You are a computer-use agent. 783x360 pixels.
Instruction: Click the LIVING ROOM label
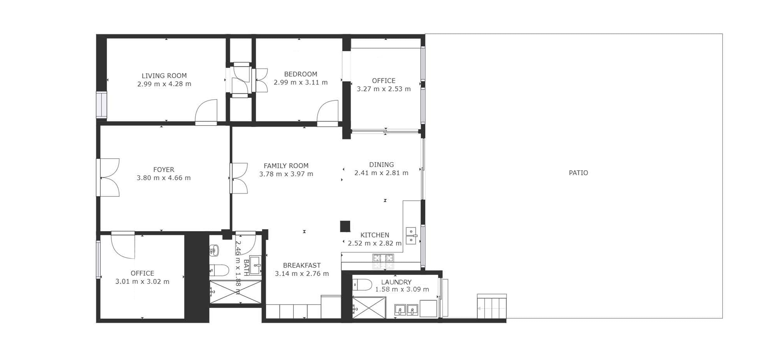tap(164, 76)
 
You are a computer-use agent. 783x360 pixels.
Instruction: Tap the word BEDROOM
tap(301, 74)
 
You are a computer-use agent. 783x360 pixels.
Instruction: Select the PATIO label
tap(578, 173)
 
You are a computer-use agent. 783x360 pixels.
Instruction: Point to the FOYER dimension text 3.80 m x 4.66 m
tap(163, 178)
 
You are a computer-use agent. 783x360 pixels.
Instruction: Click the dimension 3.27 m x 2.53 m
tap(384, 89)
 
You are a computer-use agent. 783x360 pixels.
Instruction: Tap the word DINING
tap(381, 165)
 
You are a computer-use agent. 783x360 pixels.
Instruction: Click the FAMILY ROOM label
tap(286, 166)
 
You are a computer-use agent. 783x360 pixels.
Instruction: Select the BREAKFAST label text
tap(302, 265)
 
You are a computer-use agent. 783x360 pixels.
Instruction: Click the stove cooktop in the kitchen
tap(383, 261)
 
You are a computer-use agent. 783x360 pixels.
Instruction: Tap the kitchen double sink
tap(411, 236)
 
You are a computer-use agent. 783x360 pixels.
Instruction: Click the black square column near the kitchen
tap(345, 226)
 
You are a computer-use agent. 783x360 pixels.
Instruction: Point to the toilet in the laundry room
tap(362, 285)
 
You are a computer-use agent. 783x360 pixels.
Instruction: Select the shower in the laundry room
tap(369, 308)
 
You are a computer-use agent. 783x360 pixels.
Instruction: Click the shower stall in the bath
tap(235, 292)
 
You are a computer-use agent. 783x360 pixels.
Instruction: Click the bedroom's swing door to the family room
tap(328, 113)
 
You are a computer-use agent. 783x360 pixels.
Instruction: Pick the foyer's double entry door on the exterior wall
tap(108, 177)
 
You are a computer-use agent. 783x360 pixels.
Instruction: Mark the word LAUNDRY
tap(396, 282)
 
